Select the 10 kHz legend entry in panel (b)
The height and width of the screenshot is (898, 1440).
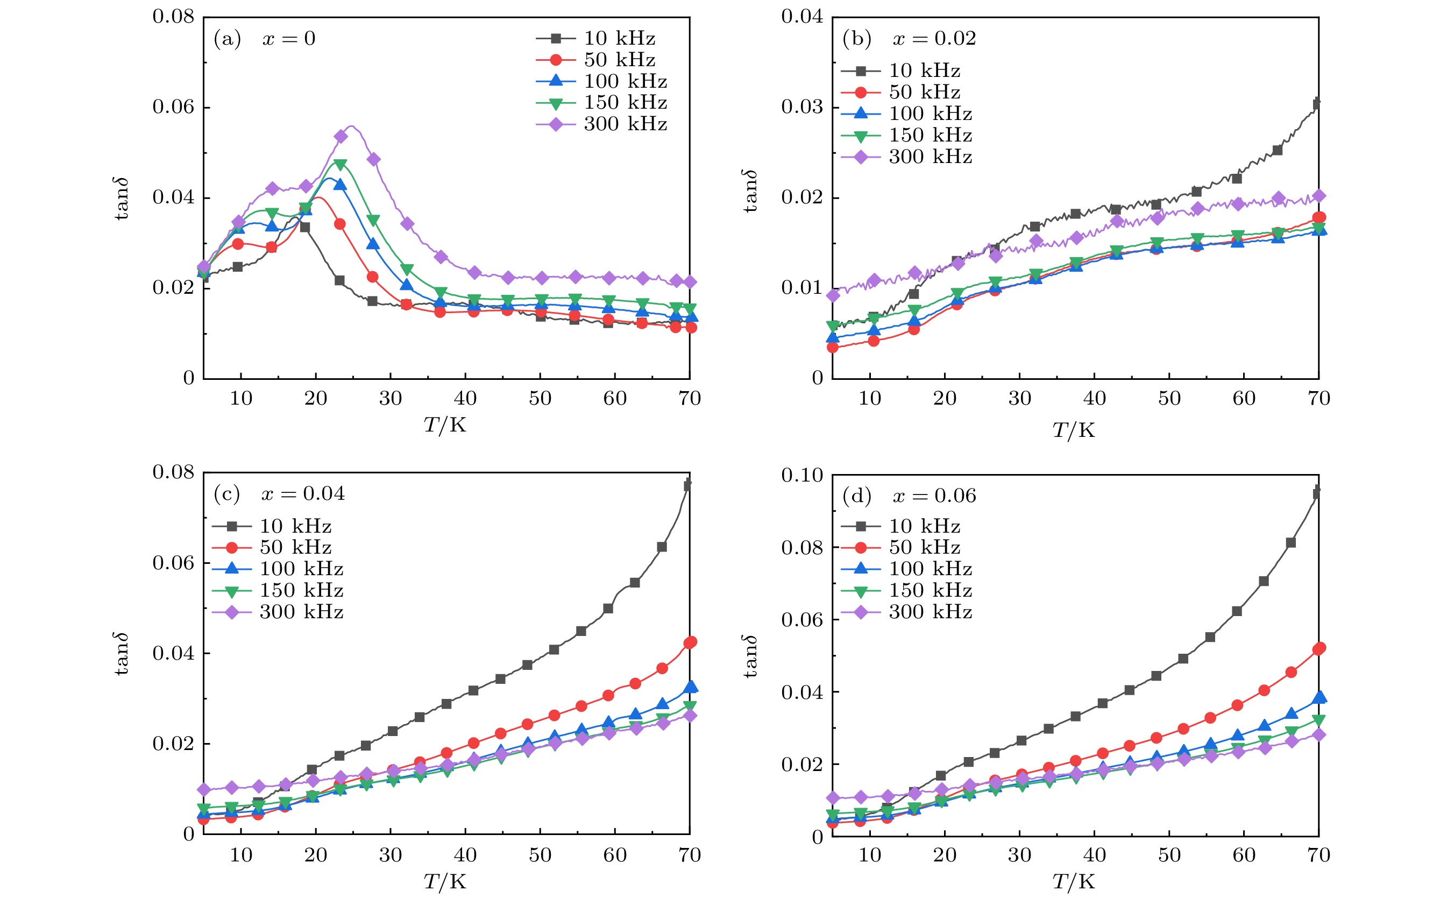tap(900, 70)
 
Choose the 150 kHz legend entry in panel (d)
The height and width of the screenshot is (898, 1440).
tap(906, 590)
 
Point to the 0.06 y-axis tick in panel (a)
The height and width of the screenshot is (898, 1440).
tap(173, 107)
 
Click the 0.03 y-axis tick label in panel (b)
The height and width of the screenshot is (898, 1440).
tap(801, 107)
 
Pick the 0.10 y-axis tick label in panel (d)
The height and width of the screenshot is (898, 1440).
tap(801, 475)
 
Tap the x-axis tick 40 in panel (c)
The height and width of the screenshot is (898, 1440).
tap(465, 855)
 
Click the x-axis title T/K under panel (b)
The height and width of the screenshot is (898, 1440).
tap(1073, 430)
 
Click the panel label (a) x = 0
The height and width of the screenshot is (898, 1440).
tap(264, 39)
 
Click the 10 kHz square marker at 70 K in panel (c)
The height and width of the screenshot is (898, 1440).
tap(688, 485)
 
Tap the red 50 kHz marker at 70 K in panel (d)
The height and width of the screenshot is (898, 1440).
tap(1319, 648)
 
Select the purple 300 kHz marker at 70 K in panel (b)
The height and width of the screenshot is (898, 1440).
tap(1319, 196)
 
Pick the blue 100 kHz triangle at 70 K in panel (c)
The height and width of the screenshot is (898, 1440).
tap(691, 687)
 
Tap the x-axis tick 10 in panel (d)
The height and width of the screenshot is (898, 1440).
tap(870, 855)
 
